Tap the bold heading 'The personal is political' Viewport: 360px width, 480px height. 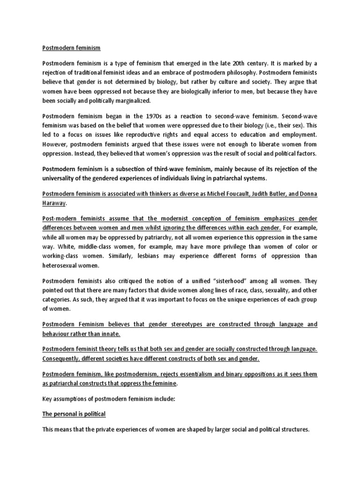pos(74,414)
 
